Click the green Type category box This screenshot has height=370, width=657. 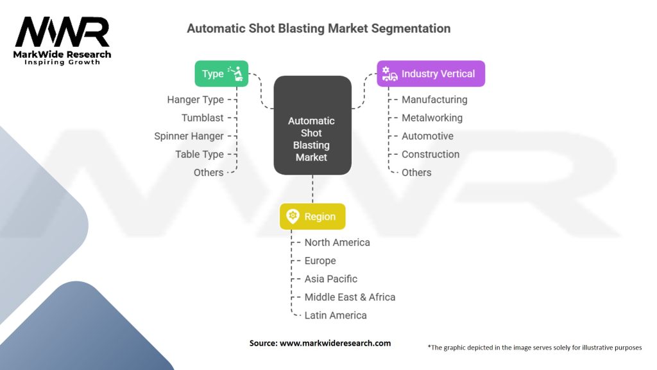click(221, 74)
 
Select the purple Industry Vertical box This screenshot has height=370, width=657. click(431, 74)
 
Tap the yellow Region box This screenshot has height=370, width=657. click(312, 216)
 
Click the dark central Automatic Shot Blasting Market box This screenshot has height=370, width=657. click(312, 126)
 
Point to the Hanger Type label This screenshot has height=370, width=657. click(195, 100)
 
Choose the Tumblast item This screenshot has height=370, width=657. click(202, 118)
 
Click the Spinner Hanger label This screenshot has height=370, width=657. click(189, 136)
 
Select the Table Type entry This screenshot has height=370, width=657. click(199, 154)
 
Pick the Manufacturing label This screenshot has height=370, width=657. click(434, 100)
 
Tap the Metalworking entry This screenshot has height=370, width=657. click(432, 118)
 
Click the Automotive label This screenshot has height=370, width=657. click(427, 136)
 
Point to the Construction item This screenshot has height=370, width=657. click(431, 154)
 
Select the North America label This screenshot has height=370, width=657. click(337, 242)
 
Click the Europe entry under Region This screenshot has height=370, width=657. click(320, 261)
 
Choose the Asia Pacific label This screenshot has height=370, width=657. click(330, 279)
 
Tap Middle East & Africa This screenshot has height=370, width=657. click(350, 297)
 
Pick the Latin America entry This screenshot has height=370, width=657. click(336, 315)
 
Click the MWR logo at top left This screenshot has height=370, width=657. click(62, 39)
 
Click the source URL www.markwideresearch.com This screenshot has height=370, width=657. click(335, 343)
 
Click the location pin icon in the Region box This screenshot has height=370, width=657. click(293, 216)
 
